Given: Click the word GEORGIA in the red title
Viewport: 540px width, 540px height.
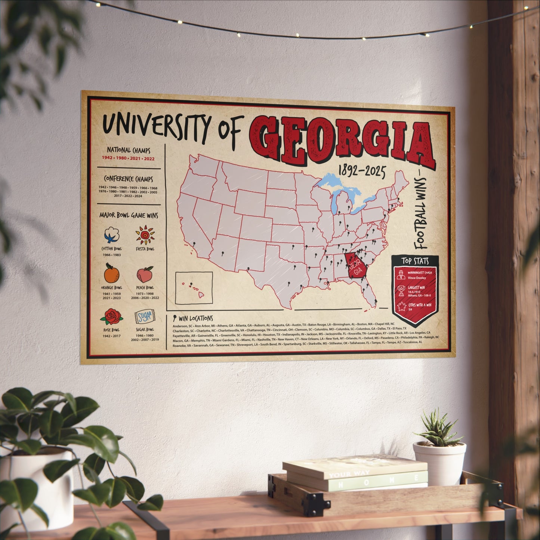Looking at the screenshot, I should click(x=342, y=141).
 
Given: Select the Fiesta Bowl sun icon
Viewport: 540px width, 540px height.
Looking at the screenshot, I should click(x=145, y=235).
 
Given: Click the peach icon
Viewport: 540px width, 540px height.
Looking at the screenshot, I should click(x=145, y=275).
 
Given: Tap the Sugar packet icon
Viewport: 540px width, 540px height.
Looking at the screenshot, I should click(x=145, y=317).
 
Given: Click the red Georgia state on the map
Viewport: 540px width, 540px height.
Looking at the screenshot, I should click(x=357, y=266).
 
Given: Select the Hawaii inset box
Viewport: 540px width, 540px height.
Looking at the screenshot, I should click(x=194, y=288).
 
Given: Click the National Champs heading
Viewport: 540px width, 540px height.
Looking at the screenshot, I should click(x=129, y=150).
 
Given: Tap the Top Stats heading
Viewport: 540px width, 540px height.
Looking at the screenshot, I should click(x=415, y=261).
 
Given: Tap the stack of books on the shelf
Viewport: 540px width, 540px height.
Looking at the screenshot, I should click(x=355, y=473).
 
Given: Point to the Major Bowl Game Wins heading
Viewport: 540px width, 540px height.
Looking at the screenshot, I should click(x=129, y=216).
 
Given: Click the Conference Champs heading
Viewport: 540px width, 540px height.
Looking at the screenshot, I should click(x=128, y=179).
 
